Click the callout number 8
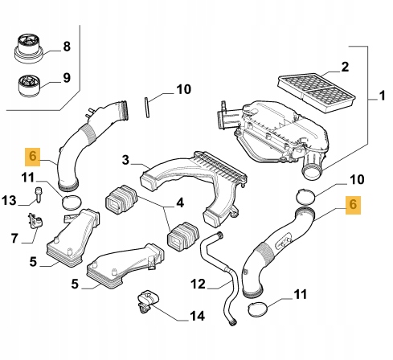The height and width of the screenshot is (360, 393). point(67,47)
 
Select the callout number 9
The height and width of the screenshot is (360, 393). point(67,78)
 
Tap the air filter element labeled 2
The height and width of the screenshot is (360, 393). point(317,89)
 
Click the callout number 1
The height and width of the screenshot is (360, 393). point(383,96)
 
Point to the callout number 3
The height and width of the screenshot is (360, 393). point(125,160)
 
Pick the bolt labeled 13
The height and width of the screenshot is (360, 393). point(39,195)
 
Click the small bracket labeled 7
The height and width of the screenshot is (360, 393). point(35,221)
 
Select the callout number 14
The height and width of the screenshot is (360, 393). point(198,316)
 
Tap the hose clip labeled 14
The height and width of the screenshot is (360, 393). point(148,301)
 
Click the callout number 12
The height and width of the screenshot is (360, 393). point(199,284)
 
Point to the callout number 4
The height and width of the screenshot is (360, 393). point(180,202)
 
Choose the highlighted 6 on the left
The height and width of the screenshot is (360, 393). point(32,156)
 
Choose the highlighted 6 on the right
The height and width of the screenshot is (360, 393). point(353,205)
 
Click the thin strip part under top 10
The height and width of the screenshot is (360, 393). point(146,107)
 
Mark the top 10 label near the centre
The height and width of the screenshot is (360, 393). point(183,89)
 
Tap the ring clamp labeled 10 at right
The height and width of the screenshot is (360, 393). point(305,197)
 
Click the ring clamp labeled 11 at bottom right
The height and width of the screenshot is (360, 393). point(258,309)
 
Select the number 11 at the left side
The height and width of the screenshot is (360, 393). point(28,178)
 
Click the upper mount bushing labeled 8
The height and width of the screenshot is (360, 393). point(28,48)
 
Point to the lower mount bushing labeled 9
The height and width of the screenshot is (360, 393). point(29,86)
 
